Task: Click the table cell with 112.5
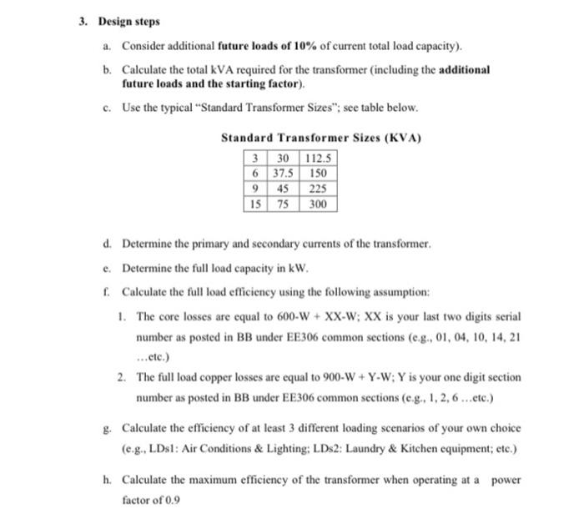(317, 159)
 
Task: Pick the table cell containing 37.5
(281, 174)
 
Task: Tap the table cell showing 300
(317, 204)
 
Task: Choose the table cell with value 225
(317, 189)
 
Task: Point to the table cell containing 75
(281, 204)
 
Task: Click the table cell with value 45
(281, 189)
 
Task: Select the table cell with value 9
(254, 189)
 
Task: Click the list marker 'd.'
(108, 244)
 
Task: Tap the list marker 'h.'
(108, 481)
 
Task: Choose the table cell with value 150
(317, 174)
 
